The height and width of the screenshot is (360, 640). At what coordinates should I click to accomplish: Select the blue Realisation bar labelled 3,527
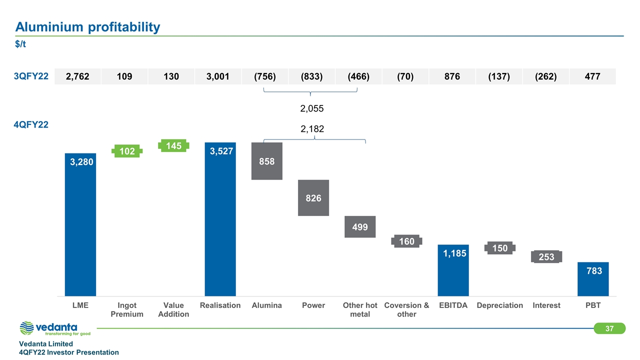[220, 220]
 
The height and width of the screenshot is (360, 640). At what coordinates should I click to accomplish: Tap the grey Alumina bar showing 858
[267, 161]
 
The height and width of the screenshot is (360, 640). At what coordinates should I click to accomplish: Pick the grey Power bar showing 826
[313, 198]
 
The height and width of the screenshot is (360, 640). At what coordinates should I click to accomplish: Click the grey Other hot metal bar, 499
[360, 227]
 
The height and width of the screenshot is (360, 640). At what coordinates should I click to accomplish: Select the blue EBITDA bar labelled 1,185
[453, 270]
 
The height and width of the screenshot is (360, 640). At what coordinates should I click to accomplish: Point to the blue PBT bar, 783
[593, 278]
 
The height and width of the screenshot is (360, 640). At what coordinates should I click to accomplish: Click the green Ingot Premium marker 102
[127, 151]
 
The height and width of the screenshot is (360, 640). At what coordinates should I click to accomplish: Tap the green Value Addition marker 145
[173, 145]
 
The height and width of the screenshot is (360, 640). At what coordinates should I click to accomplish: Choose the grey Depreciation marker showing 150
[499, 248]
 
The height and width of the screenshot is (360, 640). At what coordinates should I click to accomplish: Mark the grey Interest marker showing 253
[546, 256]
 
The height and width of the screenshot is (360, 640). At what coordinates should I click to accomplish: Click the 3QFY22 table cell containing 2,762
[77, 76]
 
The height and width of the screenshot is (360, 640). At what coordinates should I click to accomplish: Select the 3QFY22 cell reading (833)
[311, 76]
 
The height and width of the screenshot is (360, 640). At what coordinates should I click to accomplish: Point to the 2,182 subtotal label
[312, 129]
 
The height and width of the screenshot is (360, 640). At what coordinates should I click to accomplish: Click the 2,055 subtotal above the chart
[312, 108]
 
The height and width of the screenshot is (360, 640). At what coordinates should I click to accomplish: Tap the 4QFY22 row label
[31, 125]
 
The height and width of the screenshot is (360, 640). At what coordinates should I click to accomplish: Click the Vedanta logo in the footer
[55, 328]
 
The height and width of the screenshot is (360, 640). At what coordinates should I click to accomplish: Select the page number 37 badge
[609, 328]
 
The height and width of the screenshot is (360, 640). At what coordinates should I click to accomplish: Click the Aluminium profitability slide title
[87, 27]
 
